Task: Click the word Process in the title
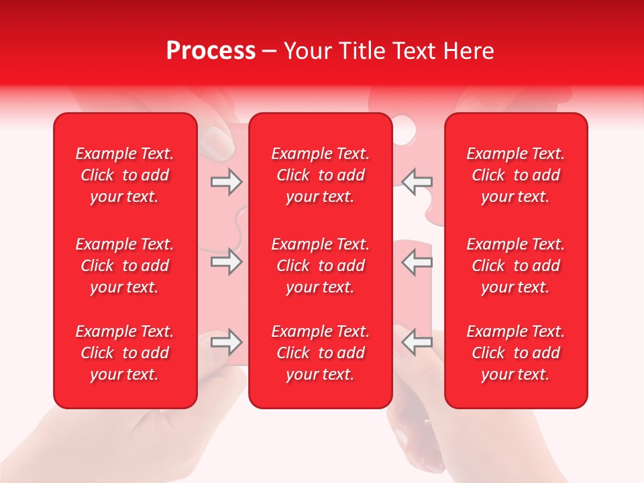[x=211, y=50]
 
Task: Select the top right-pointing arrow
[x=226, y=182]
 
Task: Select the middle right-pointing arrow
[x=226, y=262]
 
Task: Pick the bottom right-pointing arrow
[x=226, y=342]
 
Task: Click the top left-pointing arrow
[x=417, y=182]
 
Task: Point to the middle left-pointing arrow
[x=417, y=262]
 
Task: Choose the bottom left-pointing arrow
[x=417, y=342]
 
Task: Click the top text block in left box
[x=125, y=175]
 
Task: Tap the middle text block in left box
[x=125, y=266]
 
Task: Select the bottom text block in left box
[x=125, y=353]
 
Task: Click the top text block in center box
[x=320, y=175]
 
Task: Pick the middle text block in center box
[x=320, y=266]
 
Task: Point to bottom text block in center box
[x=320, y=353]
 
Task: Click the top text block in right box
[x=516, y=175]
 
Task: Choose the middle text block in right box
[x=516, y=266]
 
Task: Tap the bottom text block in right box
[x=516, y=353]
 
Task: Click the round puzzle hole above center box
[x=405, y=127]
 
